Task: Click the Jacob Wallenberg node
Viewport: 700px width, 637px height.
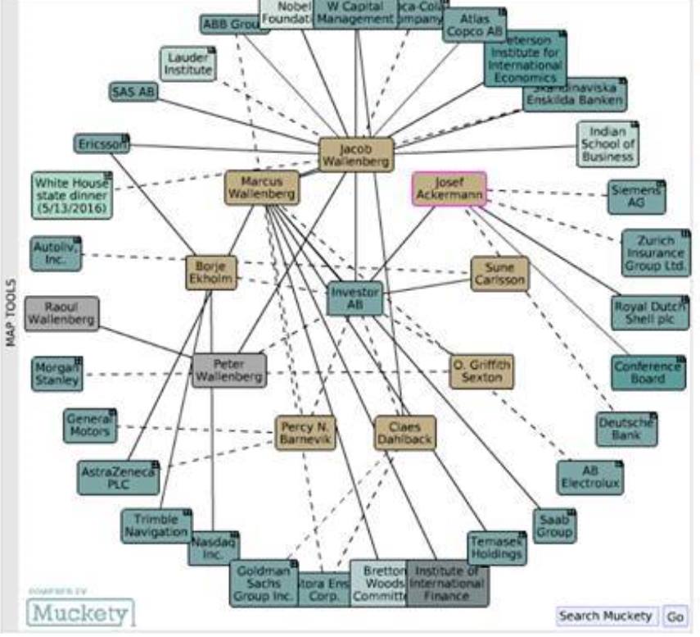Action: click(355, 155)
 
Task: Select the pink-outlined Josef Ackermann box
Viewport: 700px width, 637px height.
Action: click(449, 189)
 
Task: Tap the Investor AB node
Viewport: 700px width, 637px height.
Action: click(355, 298)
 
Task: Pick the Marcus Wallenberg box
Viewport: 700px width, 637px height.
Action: click(262, 188)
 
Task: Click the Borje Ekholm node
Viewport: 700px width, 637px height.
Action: click(210, 273)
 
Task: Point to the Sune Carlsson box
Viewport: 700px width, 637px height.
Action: click(499, 274)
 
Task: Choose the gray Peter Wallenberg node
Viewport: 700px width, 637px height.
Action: click(229, 371)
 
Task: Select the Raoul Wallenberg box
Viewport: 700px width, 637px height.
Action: click(61, 313)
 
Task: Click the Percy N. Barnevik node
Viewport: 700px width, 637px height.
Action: click(305, 433)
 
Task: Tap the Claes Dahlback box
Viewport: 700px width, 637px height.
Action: click(405, 433)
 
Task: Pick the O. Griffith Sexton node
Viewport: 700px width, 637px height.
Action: click(482, 371)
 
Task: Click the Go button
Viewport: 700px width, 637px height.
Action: click(675, 617)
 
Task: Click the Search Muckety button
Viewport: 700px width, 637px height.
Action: click(607, 617)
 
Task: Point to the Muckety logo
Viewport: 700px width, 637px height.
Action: click(80, 612)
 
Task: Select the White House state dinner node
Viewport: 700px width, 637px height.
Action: click(71, 195)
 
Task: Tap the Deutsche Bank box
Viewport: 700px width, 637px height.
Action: click(626, 429)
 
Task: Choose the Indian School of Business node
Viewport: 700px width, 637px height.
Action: click(607, 144)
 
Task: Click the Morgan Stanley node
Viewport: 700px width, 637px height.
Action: click(57, 373)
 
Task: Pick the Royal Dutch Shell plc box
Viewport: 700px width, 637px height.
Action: click(650, 313)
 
